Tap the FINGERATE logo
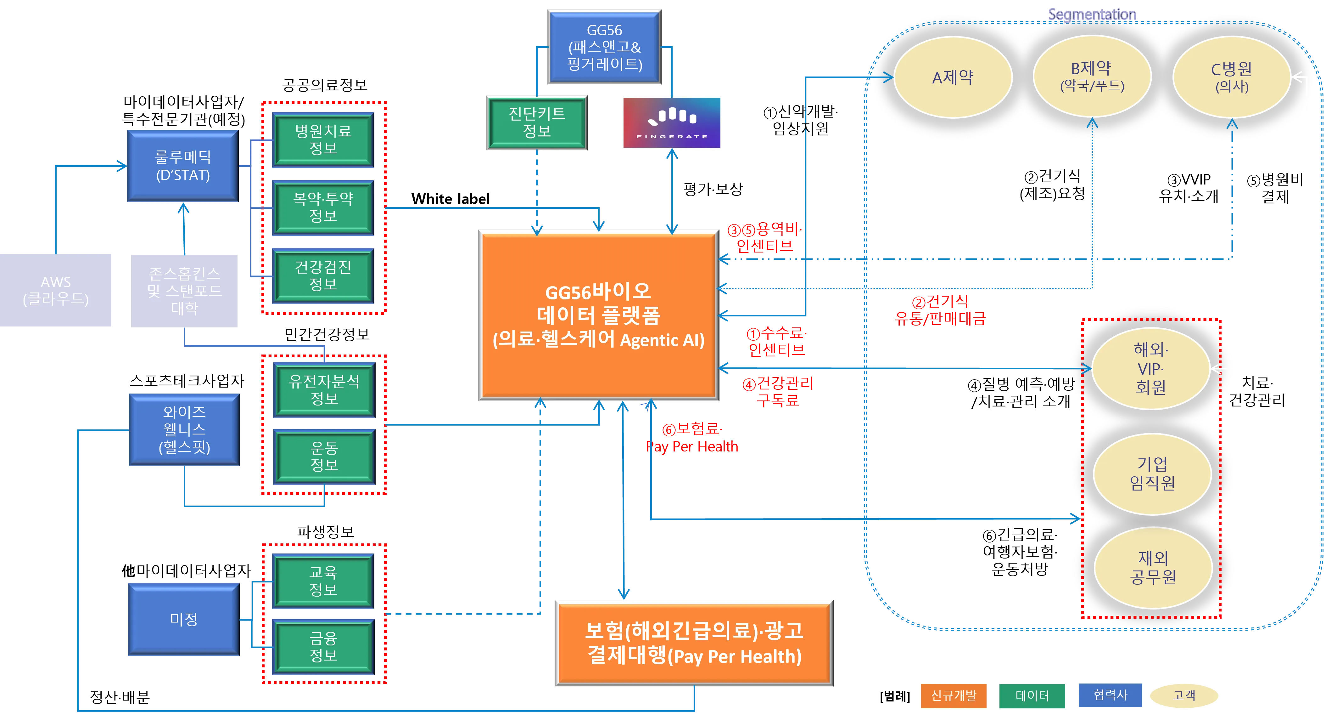tap(672, 122)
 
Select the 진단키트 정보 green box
tap(537, 122)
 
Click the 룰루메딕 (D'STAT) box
tap(183, 166)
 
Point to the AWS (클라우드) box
tap(56, 290)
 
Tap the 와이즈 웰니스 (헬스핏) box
tap(184, 430)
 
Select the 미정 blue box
tap(184, 619)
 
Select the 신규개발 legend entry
tap(953, 695)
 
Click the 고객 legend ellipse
tap(1184, 695)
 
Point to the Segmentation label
tap(1092, 14)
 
